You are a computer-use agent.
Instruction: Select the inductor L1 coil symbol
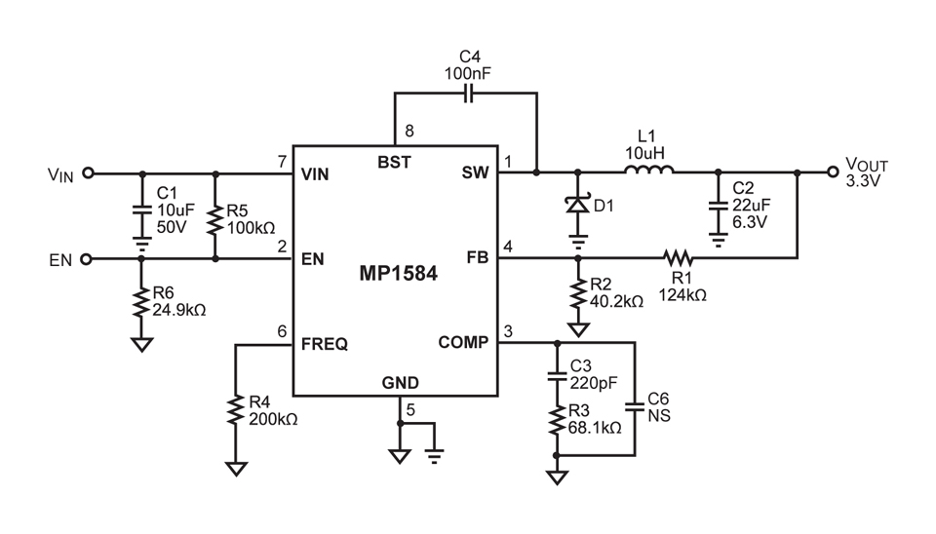click(648, 173)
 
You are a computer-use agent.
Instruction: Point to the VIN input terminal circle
click(88, 173)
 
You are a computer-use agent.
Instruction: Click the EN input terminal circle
click(88, 259)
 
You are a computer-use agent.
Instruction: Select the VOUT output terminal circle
click(832, 172)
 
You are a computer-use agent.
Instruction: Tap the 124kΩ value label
click(682, 293)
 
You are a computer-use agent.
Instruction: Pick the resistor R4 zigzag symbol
click(235, 409)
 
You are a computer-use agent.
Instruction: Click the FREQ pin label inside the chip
click(325, 343)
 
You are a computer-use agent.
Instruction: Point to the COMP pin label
click(463, 343)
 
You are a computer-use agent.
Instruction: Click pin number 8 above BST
click(409, 131)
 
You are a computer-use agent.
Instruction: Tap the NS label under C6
click(658, 416)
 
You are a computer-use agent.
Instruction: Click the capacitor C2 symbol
click(718, 206)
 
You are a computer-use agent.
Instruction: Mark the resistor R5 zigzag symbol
click(215, 218)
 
